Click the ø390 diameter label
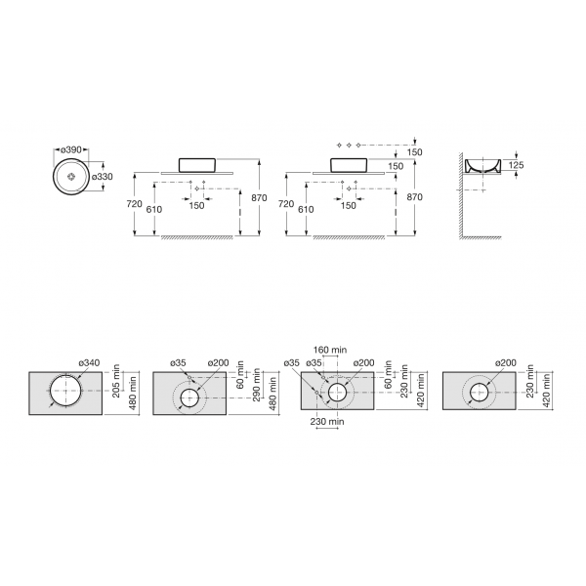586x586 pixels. point(71,149)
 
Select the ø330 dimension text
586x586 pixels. point(102,177)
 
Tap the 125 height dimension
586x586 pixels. point(516,165)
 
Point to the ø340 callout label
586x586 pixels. point(89,362)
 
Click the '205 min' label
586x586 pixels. point(116,381)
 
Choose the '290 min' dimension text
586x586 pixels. point(256,385)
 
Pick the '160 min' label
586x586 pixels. point(330,350)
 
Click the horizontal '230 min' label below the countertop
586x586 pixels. point(327,422)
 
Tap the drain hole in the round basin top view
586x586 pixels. point(71,177)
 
